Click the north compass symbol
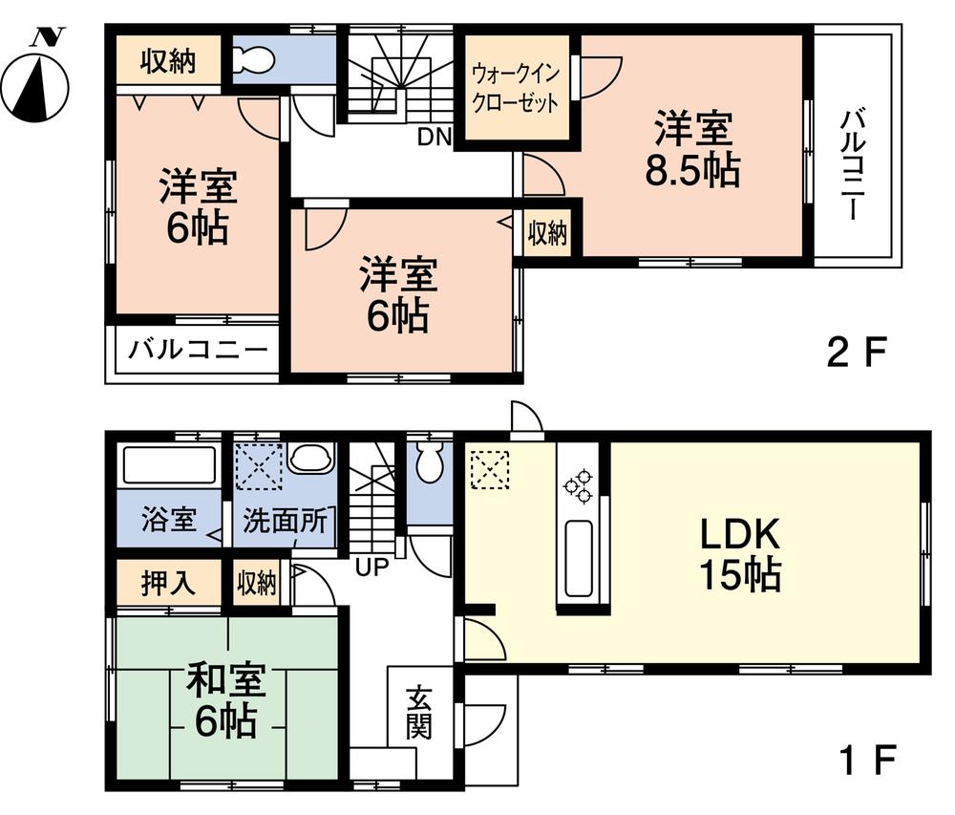pyautogui.click(x=35, y=77)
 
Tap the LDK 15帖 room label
pyautogui.click(x=741, y=553)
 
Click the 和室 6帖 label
pyautogui.click(x=225, y=700)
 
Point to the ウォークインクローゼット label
pyautogui.click(x=516, y=88)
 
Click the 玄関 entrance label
pyautogui.click(x=417, y=711)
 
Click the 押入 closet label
pyautogui.click(x=168, y=582)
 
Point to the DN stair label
pyautogui.click(x=434, y=137)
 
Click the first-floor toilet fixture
pyautogui.click(x=430, y=465)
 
